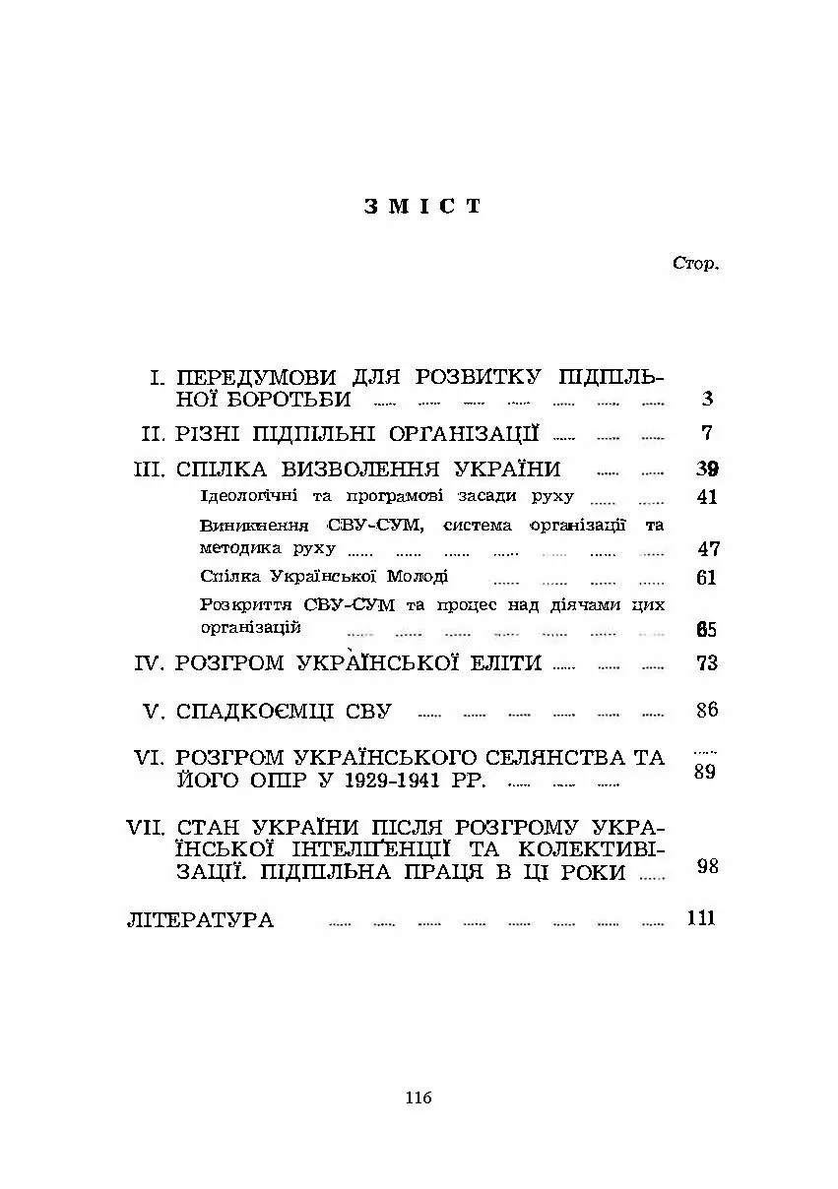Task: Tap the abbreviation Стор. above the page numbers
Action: (695, 263)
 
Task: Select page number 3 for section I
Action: (707, 399)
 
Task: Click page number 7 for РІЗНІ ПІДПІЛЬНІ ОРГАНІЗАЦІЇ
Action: (707, 433)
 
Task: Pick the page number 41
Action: (706, 497)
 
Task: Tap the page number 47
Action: (707, 549)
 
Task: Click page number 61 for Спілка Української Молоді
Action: (706, 578)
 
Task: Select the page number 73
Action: (706, 662)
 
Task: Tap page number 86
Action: (706, 710)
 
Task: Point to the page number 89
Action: (704, 772)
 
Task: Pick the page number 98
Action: (706, 866)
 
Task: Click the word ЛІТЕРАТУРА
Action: (200, 921)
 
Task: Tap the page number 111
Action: (700, 919)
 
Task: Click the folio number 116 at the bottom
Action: (419, 1097)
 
